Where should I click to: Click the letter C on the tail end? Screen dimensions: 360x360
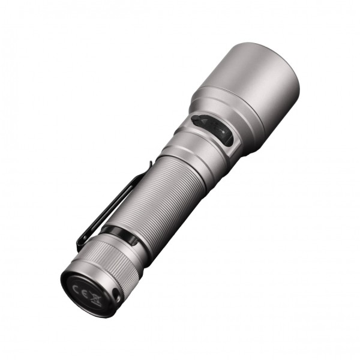click(x=77, y=287)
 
